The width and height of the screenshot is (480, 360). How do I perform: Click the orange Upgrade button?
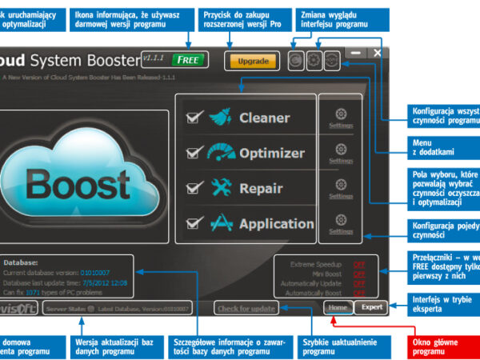click(x=253, y=60)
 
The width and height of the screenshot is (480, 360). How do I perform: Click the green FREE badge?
click(x=190, y=59)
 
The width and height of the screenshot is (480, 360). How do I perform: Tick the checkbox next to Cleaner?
click(x=193, y=118)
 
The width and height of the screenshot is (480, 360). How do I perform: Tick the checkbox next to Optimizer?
click(x=193, y=153)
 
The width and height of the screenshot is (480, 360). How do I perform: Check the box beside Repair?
click(x=193, y=188)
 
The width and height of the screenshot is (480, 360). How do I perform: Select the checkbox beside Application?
click(x=193, y=223)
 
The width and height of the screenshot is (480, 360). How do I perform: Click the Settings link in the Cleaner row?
click(x=341, y=125)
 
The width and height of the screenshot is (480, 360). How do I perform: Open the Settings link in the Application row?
click(x=341, y=231)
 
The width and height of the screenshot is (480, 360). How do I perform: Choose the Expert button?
click(x=372, y=306)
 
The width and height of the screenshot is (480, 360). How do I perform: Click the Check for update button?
click(x=246, y=309)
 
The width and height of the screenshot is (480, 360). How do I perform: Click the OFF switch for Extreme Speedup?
click(x=358, y=264)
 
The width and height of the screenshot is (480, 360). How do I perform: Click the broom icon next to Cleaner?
click(x=220, y=118)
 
